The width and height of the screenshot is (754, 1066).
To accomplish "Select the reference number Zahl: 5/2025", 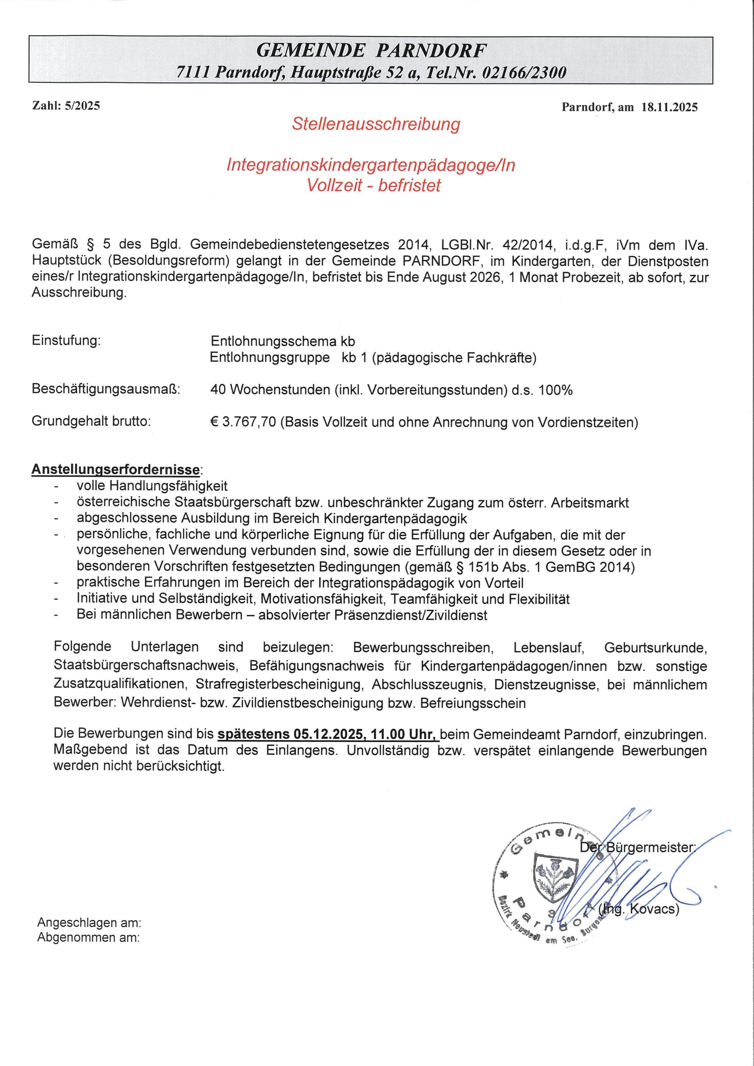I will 66,106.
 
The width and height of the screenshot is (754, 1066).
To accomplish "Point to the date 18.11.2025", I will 670,107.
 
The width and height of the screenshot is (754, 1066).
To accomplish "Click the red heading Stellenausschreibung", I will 376,124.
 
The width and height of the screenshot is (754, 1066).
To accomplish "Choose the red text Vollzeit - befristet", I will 374,186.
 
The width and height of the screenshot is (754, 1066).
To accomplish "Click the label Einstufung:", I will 66,340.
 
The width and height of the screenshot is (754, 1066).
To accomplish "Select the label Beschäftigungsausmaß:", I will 106,389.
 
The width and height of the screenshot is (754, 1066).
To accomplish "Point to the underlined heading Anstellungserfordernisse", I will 115,469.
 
